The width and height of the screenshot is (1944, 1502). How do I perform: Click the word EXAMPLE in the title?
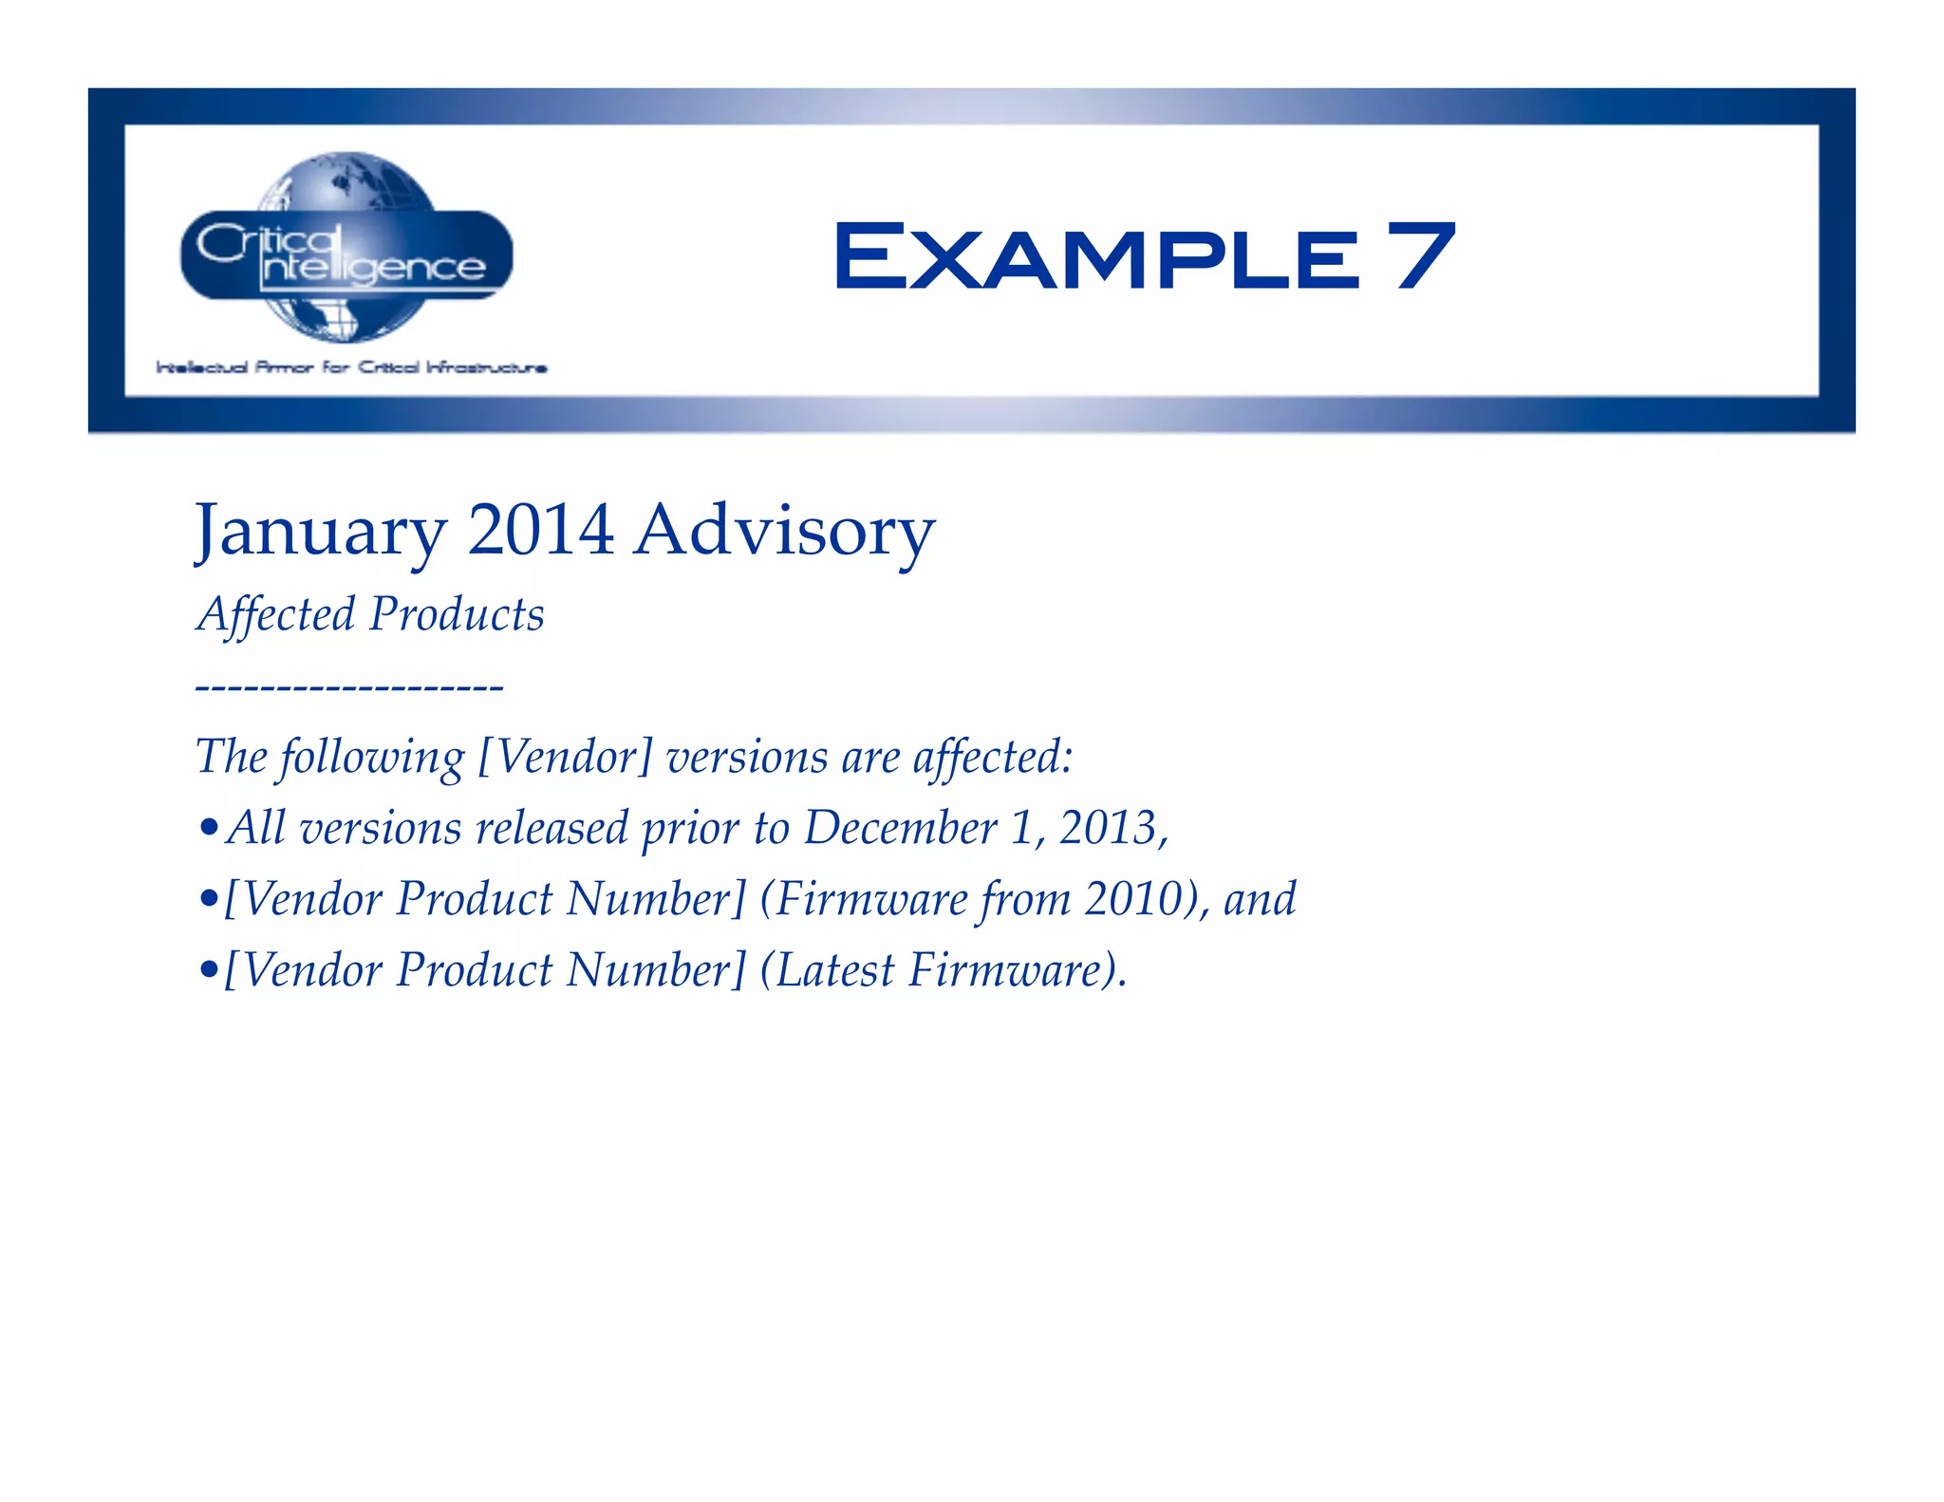pos(1097,256)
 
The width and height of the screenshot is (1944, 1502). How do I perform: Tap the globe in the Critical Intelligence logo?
pos(346,180)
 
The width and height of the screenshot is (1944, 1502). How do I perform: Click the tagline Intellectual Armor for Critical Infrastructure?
pos(351,367)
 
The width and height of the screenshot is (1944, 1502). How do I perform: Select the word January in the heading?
pos(321,532)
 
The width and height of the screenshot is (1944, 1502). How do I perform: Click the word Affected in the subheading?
pos(276,614)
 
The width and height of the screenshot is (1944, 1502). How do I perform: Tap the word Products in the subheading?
pos(458,614)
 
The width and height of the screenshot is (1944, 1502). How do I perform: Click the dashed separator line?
pos(349,685)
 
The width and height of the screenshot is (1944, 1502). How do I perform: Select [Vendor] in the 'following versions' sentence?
pos(565,758)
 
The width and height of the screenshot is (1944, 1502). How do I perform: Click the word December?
pos(900,828)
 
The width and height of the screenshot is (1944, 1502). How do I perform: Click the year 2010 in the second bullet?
pos(1133,899)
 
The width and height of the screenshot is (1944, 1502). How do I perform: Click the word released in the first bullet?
pos(551,828)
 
